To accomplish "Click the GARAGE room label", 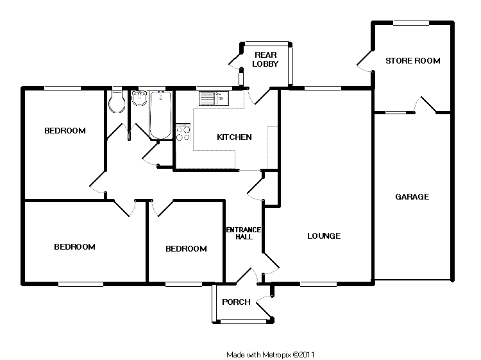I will (412, 197).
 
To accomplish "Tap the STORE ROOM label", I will (412, 61).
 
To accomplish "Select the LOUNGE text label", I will (324, 236).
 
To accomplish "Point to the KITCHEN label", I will (234, 137).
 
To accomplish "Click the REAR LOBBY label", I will (265, 59).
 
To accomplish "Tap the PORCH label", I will (235, 303).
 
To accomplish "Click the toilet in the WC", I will (116, 103).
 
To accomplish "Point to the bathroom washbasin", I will (139, 99).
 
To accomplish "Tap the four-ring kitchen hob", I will (183, 133).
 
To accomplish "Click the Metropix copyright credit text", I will (269, 354).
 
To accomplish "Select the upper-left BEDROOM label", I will (65, 131).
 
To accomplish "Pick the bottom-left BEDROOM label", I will (74, 247).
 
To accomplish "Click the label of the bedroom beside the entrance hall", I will (186, 249).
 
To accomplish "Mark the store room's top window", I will (411, 24).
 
